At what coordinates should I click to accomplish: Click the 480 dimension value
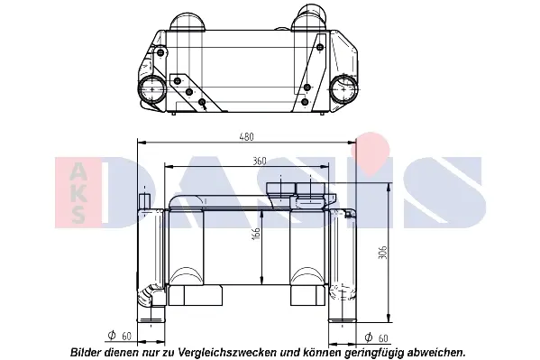(x=247, y=136)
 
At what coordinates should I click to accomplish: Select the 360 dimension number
(x=260, y=161)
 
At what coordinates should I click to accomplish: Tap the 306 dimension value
(x=382, y=253)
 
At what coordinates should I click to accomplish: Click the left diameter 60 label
(x=120, y=336)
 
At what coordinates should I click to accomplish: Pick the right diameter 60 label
(x=376, y=338)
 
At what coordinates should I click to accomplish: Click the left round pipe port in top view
(x=151, y=89)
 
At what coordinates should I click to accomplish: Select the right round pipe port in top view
(x=343, y=88)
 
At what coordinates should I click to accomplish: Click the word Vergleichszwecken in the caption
(x=227, y=353)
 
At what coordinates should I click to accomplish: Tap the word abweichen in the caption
(x=436, y=353)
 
